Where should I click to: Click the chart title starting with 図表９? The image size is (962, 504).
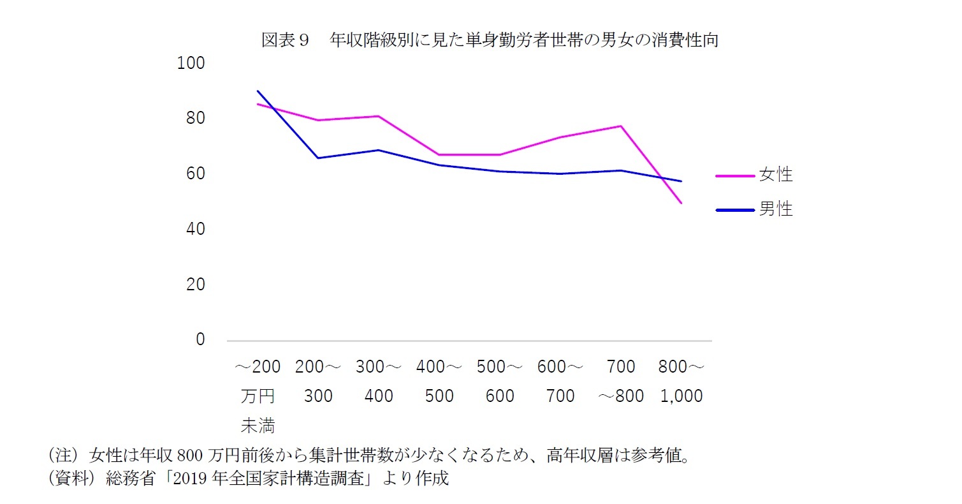click(490, 40)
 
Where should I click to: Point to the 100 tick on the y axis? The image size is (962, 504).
click(191, 63)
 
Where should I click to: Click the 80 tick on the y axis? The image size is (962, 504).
click(196, 119)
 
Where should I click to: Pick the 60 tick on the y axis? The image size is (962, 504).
click(196, 174)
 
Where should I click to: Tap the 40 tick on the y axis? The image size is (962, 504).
click(196, 229)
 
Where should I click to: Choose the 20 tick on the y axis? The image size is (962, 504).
click(196, 285)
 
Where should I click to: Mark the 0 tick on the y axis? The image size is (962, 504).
click(200, 339)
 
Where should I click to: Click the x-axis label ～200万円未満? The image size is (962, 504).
click(258, 396)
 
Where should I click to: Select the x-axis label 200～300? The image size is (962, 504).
click(318, 382)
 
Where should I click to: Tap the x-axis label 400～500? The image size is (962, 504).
click(439, 382)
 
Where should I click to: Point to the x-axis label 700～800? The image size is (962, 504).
click(621, 382)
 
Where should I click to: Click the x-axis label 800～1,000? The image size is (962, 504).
click(681, 382)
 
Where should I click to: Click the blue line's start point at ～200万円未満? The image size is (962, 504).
click(258, 91)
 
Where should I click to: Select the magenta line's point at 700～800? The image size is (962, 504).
click(621, 126)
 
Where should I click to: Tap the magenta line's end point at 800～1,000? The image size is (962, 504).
click(681, 203)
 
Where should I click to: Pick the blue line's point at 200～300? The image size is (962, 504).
click(318, 158)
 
